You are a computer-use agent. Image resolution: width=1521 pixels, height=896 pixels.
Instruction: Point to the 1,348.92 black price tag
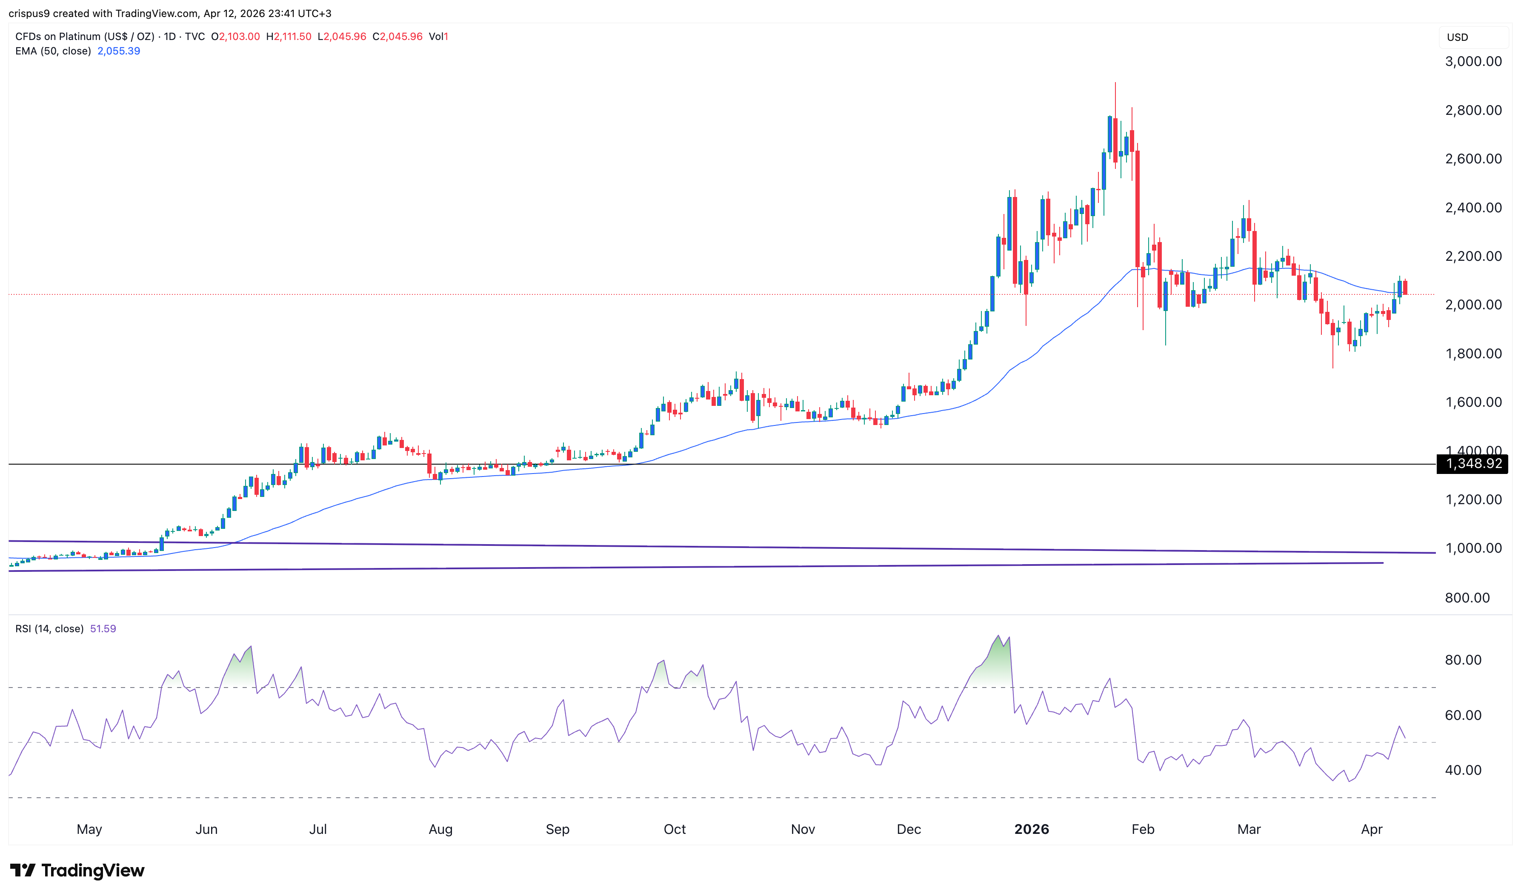1472,464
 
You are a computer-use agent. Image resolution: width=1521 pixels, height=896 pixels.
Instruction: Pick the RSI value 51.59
103,628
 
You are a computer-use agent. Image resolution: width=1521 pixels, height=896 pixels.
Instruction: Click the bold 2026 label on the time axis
1031,829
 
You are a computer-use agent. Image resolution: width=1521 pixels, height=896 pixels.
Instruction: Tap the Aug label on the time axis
440,829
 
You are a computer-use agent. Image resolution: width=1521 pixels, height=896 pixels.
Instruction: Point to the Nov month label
803,829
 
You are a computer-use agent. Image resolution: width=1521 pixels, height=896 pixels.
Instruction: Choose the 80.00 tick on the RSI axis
1462,660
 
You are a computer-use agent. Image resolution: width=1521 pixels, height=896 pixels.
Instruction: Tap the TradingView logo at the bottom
77,870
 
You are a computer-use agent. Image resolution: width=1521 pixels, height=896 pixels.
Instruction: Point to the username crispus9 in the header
29,13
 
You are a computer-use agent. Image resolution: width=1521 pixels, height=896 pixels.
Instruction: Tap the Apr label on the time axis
1371,829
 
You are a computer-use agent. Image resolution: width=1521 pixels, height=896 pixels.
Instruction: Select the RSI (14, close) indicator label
49,628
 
